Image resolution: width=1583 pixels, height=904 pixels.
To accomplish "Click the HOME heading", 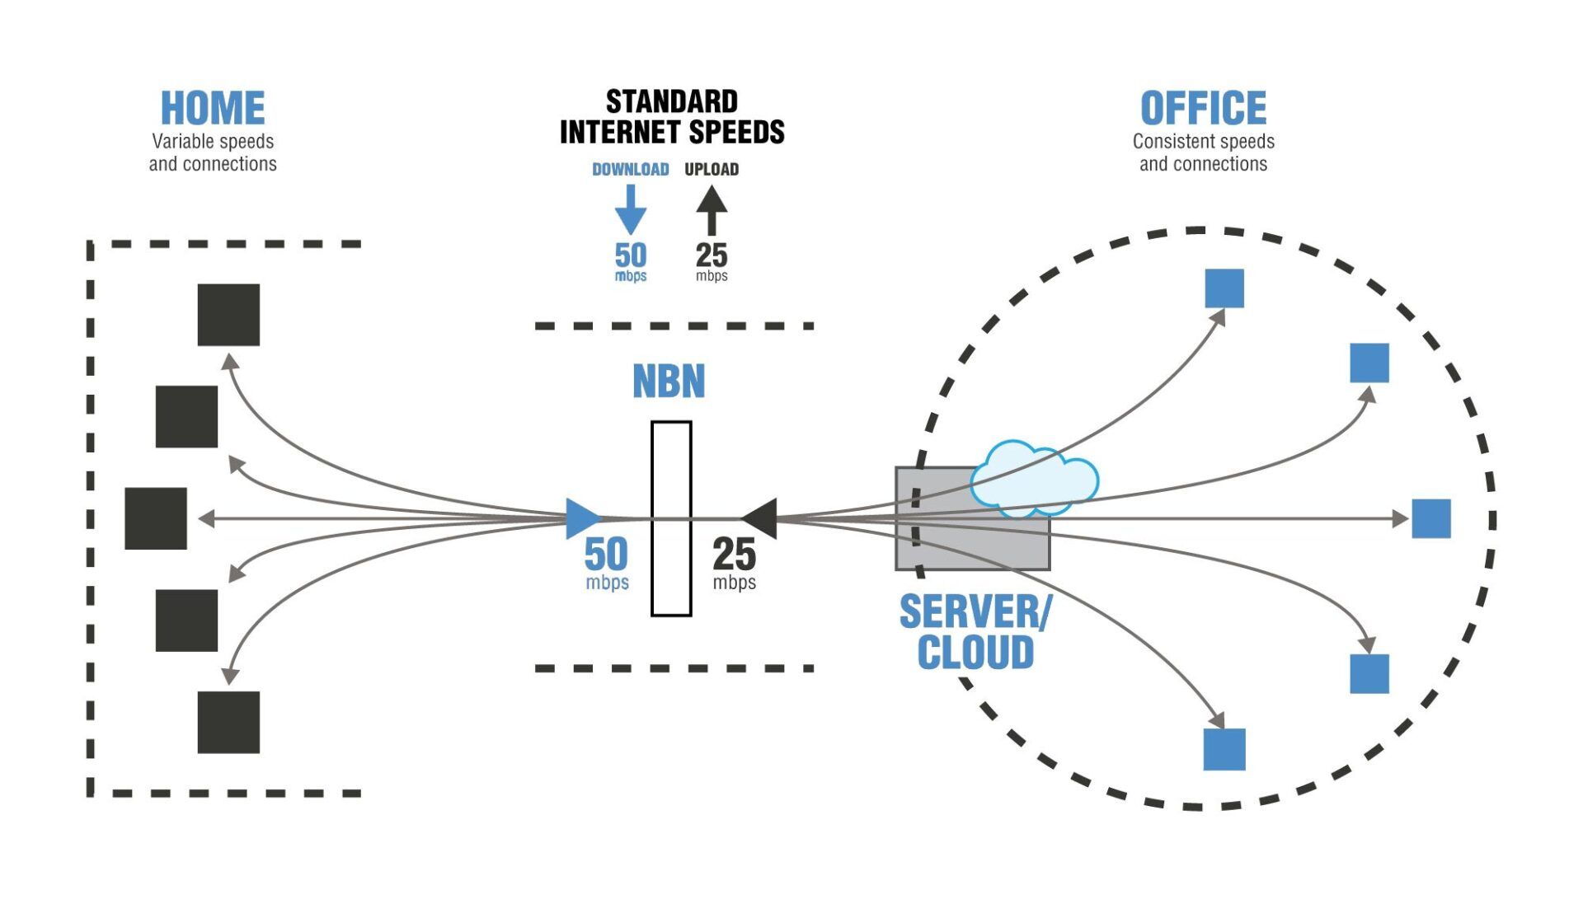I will pyautogui.click(x=213, y=109).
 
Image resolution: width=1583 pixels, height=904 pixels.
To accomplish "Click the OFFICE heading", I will pyautogui.click(x=1203, y=109).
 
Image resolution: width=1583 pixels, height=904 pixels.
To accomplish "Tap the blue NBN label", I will pyautogui.click(x=669, y=382).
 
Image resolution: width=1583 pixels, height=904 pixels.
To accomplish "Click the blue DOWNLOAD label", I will pyautogui.click(x=630, y=170).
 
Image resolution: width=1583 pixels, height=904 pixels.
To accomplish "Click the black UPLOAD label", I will pyautogui.click(x=712, y=170).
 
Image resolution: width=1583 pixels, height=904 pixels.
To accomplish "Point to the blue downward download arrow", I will pyautogui.click(x=631, y=211).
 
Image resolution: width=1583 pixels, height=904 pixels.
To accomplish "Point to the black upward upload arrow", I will pyautogui.click(x=712, y=210).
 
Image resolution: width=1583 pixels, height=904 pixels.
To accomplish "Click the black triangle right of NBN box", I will pyautogui.click(x=761, y=518).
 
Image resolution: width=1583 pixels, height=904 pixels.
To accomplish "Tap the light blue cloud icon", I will pyautogui.click(x=1033, y=480).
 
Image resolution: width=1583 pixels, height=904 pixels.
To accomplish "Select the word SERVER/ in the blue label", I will pyautogui.click(x=975, y=612).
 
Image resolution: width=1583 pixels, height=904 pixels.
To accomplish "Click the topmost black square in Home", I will pyautogui.click(x=228, y=315).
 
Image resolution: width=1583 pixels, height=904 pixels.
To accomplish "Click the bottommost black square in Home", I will pyautogui.click(x=228, y=722).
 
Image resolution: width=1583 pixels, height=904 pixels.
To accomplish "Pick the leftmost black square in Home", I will pyautogui.click(x=156, y=518).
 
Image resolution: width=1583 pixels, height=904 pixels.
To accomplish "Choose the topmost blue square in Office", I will pyautogui.click(x=1224, y=288).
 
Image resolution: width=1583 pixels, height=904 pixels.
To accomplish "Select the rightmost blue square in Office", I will pyautogui.click(x=1431, y=518).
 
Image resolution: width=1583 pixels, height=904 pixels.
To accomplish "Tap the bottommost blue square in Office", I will pyautogui.click(x=1224, y=749).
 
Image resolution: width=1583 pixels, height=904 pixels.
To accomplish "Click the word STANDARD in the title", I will pyautogui.click(x=672, y=102).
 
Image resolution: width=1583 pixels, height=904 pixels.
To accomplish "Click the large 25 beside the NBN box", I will pyautogui.click(x=734, y=555).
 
